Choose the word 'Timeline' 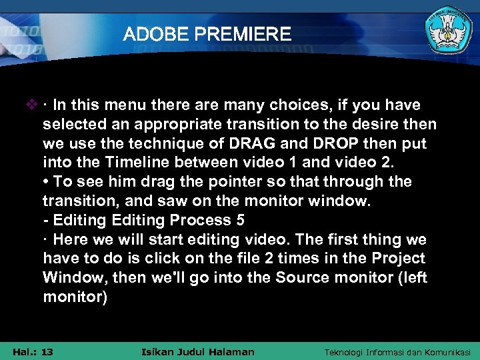click(118, 163)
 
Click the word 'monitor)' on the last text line click(75, 297)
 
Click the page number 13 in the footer click(47, 351)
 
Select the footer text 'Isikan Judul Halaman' click(198, 351)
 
